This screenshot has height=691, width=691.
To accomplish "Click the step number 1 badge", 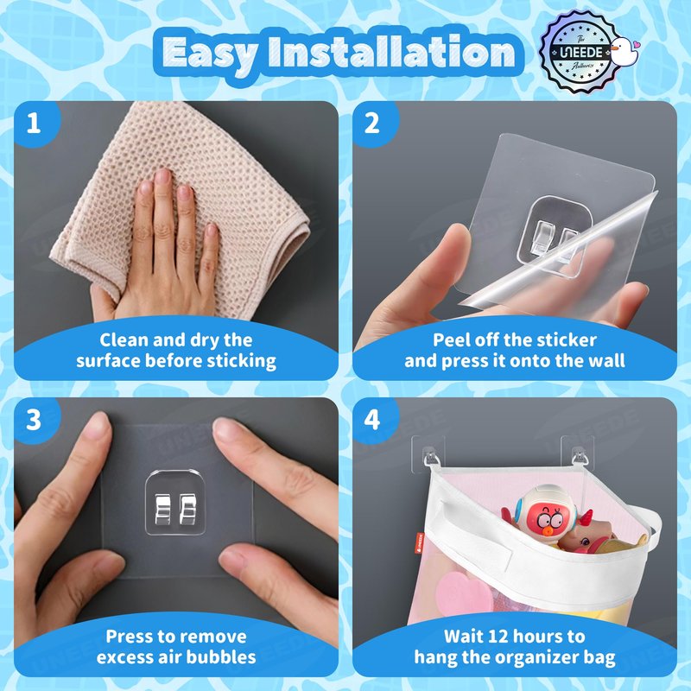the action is pos(34,123).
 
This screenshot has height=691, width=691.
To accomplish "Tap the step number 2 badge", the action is pos(372,123).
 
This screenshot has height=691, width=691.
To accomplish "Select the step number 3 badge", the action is pos(34,420).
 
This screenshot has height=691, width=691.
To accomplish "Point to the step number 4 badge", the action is pos(372,420).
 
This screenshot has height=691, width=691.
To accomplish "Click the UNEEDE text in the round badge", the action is pos(581,53).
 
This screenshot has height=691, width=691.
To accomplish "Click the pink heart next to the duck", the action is pos(635,45).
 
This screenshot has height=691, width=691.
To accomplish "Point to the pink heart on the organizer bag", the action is pos(464,593).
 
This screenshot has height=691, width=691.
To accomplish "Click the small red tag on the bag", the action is pos(420,542).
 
